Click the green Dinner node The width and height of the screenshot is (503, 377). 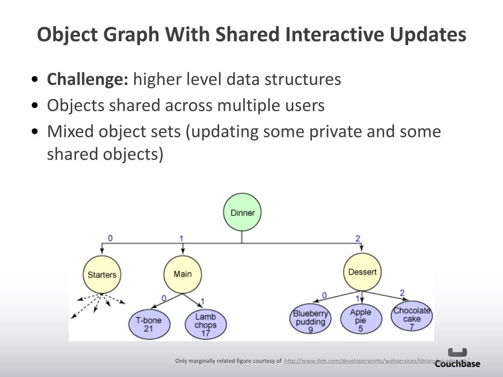[242, 213]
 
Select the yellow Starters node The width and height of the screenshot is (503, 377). [102, 274]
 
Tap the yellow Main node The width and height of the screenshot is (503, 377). [182, 274]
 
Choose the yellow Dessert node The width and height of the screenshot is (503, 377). [362, 272]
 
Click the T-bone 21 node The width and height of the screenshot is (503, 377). [148, 324]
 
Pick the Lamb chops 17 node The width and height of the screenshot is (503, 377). [205, 324]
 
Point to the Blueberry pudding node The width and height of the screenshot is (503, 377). [310, 321]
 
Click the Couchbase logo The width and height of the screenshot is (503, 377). [457, 358]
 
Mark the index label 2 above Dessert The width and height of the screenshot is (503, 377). [358, 239]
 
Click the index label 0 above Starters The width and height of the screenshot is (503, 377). [110, 238]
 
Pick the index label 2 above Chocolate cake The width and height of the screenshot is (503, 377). [402, 293]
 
